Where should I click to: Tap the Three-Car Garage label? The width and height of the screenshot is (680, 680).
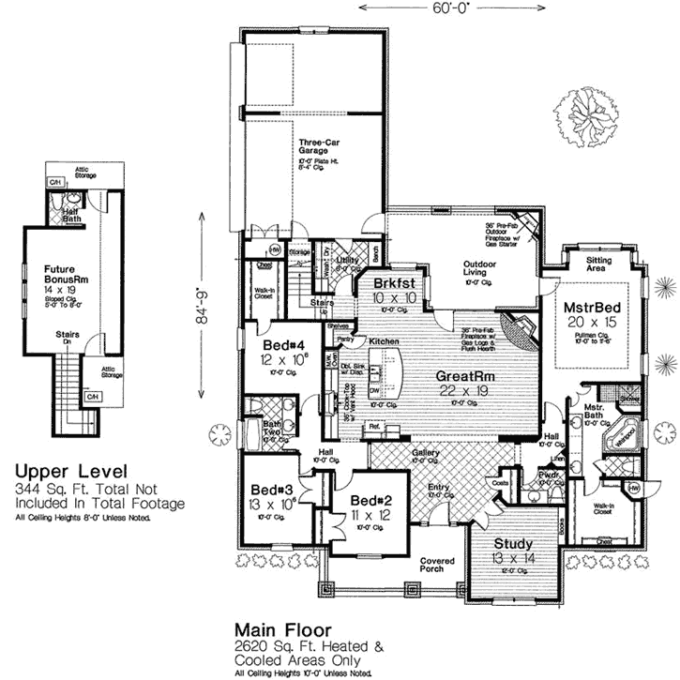coord(313,146)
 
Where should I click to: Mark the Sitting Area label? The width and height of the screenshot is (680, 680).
coord(600,263)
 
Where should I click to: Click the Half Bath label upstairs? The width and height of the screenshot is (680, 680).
coord(71,214)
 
